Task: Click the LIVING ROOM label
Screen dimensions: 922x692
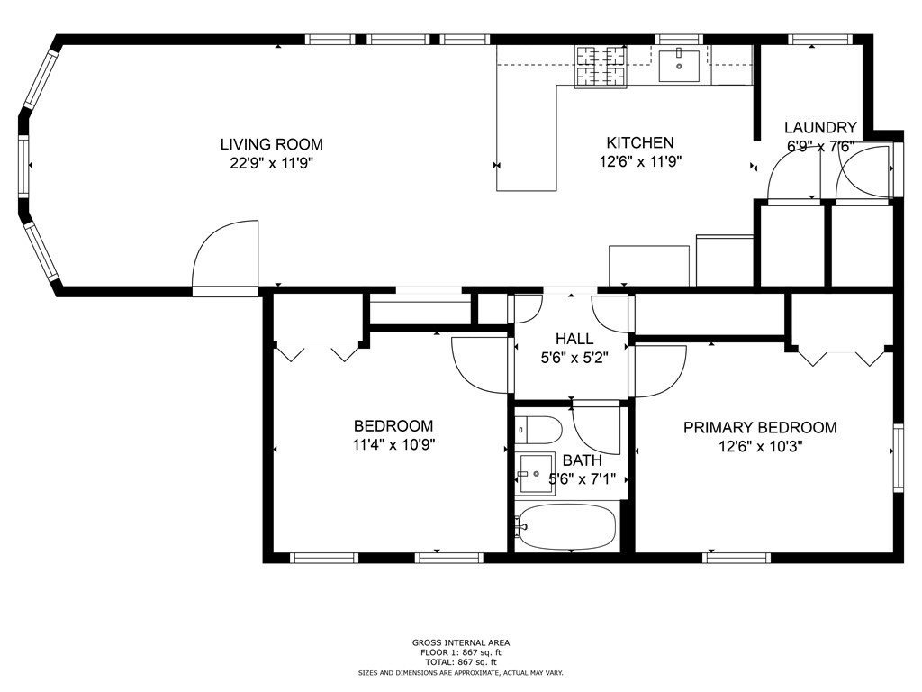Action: pos(272,144)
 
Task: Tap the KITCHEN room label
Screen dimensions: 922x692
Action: pos(640,142)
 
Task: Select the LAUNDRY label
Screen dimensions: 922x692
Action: pos(820,127)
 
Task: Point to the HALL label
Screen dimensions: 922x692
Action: pos(574,339)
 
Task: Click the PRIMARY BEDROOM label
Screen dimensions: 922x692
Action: pos(760,427)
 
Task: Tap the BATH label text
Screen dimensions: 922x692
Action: pos(583,460)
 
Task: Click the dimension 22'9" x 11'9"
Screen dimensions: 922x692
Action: pos(271,163)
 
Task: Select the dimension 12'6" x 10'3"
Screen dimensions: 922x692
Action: pos(761,446)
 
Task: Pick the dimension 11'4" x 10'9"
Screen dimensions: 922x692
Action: pos(394,444)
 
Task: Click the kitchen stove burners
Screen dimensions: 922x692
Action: pos(600,67)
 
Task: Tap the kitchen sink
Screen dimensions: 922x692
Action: pos(679,65)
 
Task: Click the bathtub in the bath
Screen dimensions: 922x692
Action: pos(565,527)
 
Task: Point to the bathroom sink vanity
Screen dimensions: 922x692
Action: pos(535,473)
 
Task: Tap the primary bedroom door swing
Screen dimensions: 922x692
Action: pos(658,371)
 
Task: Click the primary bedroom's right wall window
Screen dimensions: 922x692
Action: pos(898,457)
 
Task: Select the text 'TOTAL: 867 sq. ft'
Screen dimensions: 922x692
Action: pos(461,662)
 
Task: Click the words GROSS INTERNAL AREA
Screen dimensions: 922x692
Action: pos(461,643)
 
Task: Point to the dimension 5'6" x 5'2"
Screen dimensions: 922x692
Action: pos(574,357)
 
